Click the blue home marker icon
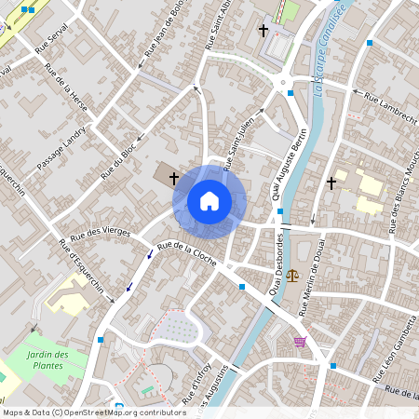point(209,200)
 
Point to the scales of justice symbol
point(295,276)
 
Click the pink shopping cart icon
point(300,342)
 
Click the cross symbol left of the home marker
point(173,177)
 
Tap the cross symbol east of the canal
point(331,183)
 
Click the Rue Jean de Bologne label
point(159,38)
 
